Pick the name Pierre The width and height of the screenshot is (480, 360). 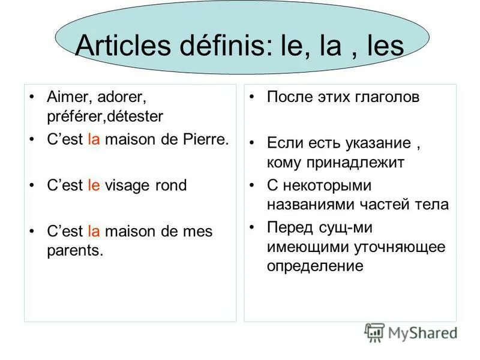click(x=207, y=140)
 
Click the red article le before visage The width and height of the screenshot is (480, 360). click(x=94, y=185)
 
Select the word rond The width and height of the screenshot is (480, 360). click(x=170, y=185)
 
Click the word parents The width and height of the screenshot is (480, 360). click(x=75, y=250)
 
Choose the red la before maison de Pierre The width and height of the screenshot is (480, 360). click(x=93, y=140)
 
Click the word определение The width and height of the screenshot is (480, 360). click(x=316, y=265)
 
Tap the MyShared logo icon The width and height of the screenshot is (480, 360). click(x=374, y=332)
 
